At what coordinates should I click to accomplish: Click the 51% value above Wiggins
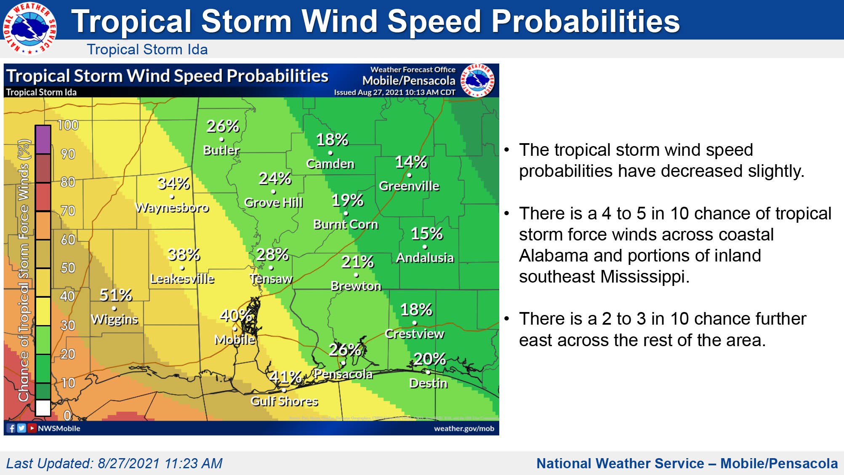pos(115,295)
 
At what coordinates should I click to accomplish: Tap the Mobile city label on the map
pos(234,339)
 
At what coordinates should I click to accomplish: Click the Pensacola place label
pos(343,374)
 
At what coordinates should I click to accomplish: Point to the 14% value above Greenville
pos(410,162)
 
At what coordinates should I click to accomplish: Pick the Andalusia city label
pos(425,258)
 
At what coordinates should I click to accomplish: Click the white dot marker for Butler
pos(221,139)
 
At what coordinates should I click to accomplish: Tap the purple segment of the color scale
pos(43,139)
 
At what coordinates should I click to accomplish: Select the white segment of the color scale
pos(43,408)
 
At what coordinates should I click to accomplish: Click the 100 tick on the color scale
pos(68,125)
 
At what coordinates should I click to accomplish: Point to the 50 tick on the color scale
pos(68,268)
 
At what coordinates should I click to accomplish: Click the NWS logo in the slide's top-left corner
pos(29,28)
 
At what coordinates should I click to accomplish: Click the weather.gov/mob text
pos(464,428)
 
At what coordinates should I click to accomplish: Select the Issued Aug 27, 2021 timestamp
pos(394,92)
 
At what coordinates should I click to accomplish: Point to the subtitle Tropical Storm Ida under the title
pos(147,49)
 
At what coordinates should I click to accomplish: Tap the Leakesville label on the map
pos(182,279)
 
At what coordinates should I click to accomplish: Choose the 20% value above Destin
pos(429,359)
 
